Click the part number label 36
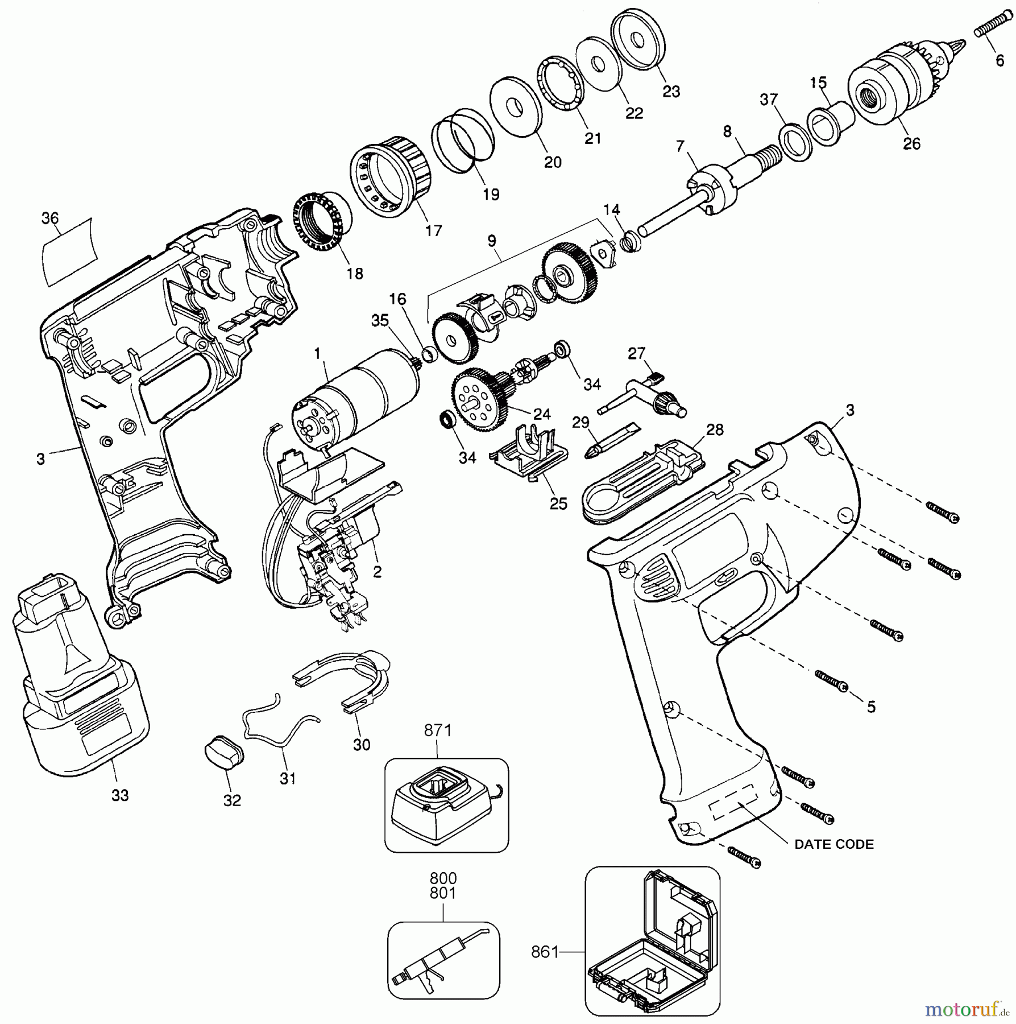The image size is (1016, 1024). (x=50, y=218)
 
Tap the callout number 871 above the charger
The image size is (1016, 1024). (x=437, y=730)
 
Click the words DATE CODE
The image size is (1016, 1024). (x=833, y=844)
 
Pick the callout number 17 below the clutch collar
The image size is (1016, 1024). (x=433, y=230)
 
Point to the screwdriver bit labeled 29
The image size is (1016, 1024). (x=611, y=439)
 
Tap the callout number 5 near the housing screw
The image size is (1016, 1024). (x=870, y=707)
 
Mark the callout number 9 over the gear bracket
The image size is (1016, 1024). (x=492, y=241)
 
